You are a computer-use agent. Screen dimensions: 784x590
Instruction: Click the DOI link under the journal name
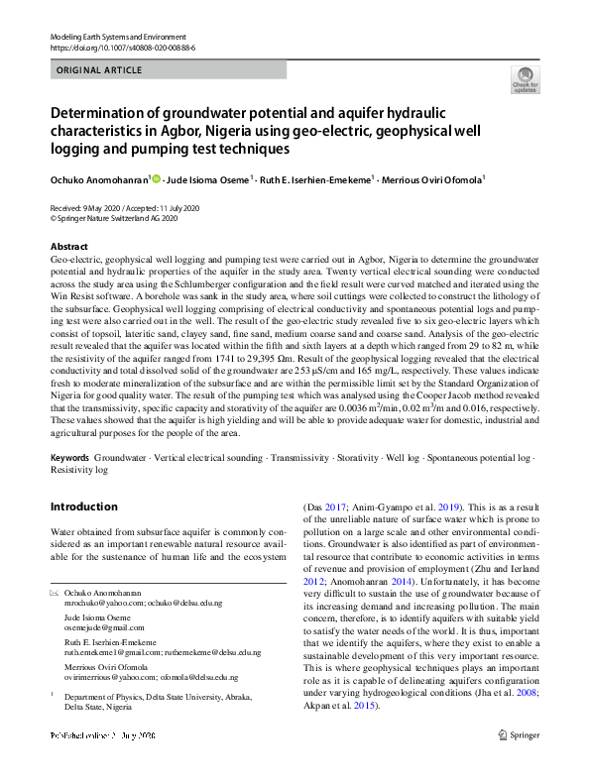click(122, 47)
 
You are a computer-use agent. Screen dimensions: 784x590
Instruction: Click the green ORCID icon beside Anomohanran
click(156, 179)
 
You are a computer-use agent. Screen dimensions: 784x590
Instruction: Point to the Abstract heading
click(68, 246)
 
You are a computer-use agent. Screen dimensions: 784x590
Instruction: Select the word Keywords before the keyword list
click(69, 459)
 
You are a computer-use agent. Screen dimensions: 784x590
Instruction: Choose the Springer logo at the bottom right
click(520, 735)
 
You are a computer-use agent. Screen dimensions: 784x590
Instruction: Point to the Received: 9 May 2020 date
click(86, 207)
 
